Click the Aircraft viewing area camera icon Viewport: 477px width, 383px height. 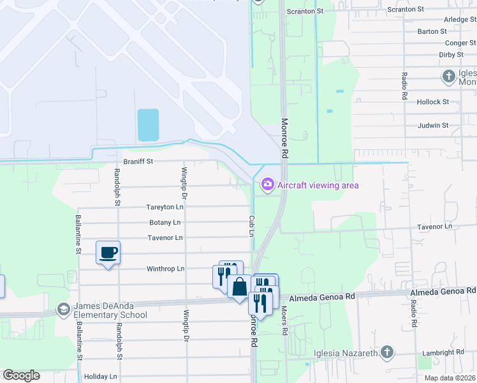point(267,185)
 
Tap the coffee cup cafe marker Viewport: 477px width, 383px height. point(108,252)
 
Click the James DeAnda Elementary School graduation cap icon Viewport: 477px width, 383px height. point(63,310)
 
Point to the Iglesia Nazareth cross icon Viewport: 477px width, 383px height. point(386,352)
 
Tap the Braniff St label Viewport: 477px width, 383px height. point(138,161)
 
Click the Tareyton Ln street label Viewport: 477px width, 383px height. point(165,207)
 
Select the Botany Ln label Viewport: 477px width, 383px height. point(165,223)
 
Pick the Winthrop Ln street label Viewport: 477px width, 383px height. point(166,269)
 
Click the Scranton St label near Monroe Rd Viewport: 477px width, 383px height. point(305,11)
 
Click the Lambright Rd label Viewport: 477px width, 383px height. point(443,352)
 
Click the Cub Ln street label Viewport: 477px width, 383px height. point(251,226)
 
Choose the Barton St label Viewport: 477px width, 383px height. point(432,31)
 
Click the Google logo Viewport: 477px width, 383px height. point(21,375)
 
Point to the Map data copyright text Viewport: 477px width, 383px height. point(449,378)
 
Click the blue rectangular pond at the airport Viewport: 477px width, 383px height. point(147,124)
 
